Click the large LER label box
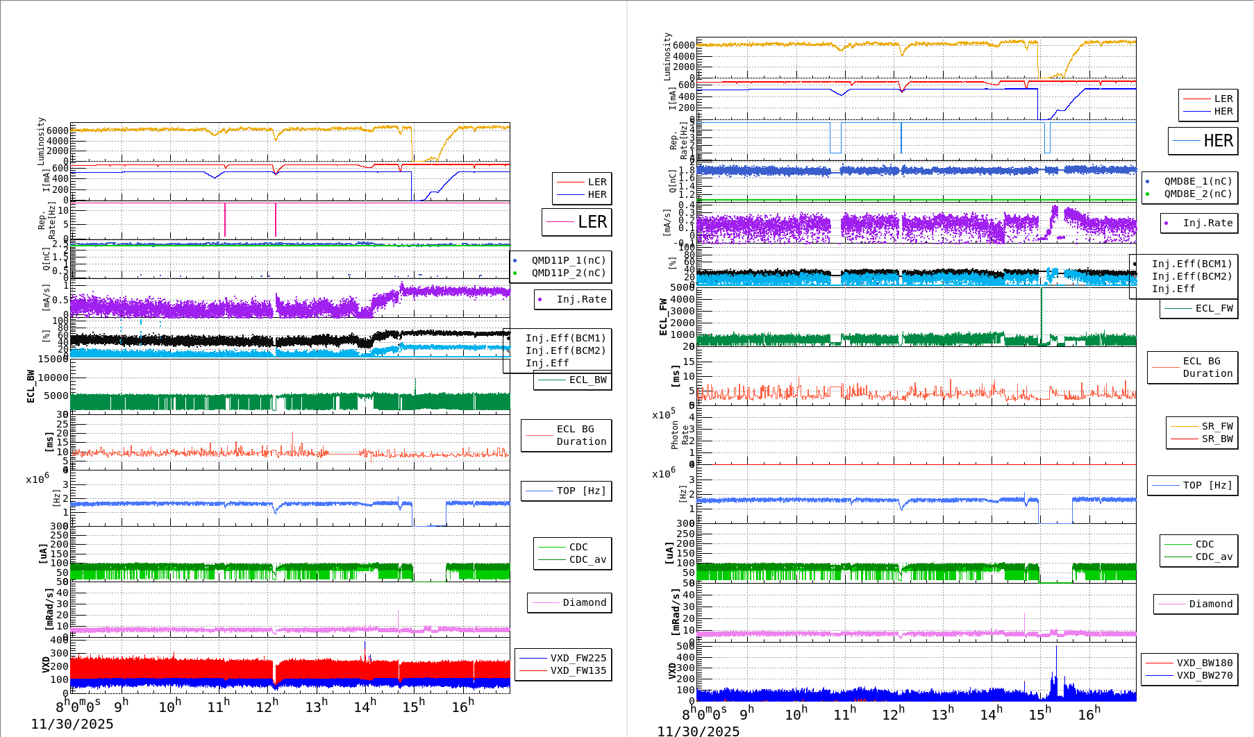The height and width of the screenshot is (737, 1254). pos(577,222)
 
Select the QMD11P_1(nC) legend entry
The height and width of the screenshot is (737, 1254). pos(568,260)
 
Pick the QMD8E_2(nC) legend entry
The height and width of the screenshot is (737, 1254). pos(1197,194)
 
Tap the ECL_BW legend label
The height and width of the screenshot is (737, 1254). pos(587,380)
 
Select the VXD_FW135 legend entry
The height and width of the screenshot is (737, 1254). pos(578,670)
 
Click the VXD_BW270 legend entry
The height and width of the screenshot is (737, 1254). pos(1204,675)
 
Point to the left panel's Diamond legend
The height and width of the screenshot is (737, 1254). pos(584,602)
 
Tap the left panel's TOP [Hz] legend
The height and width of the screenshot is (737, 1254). pos(580,491)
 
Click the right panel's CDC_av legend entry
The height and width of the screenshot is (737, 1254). pos(1214,557)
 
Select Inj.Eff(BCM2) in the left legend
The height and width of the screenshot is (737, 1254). pos(565,350)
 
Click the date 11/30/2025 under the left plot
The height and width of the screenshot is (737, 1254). pos(72,724)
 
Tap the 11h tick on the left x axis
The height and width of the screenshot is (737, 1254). pos(219,706)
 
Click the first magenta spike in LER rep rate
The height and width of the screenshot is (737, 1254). pos(225,220)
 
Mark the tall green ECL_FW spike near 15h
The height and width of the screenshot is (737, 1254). pos(1042,312)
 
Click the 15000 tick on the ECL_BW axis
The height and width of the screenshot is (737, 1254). pos(53,359)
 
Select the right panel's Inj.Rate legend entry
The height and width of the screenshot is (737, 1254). pos(1207,223)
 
